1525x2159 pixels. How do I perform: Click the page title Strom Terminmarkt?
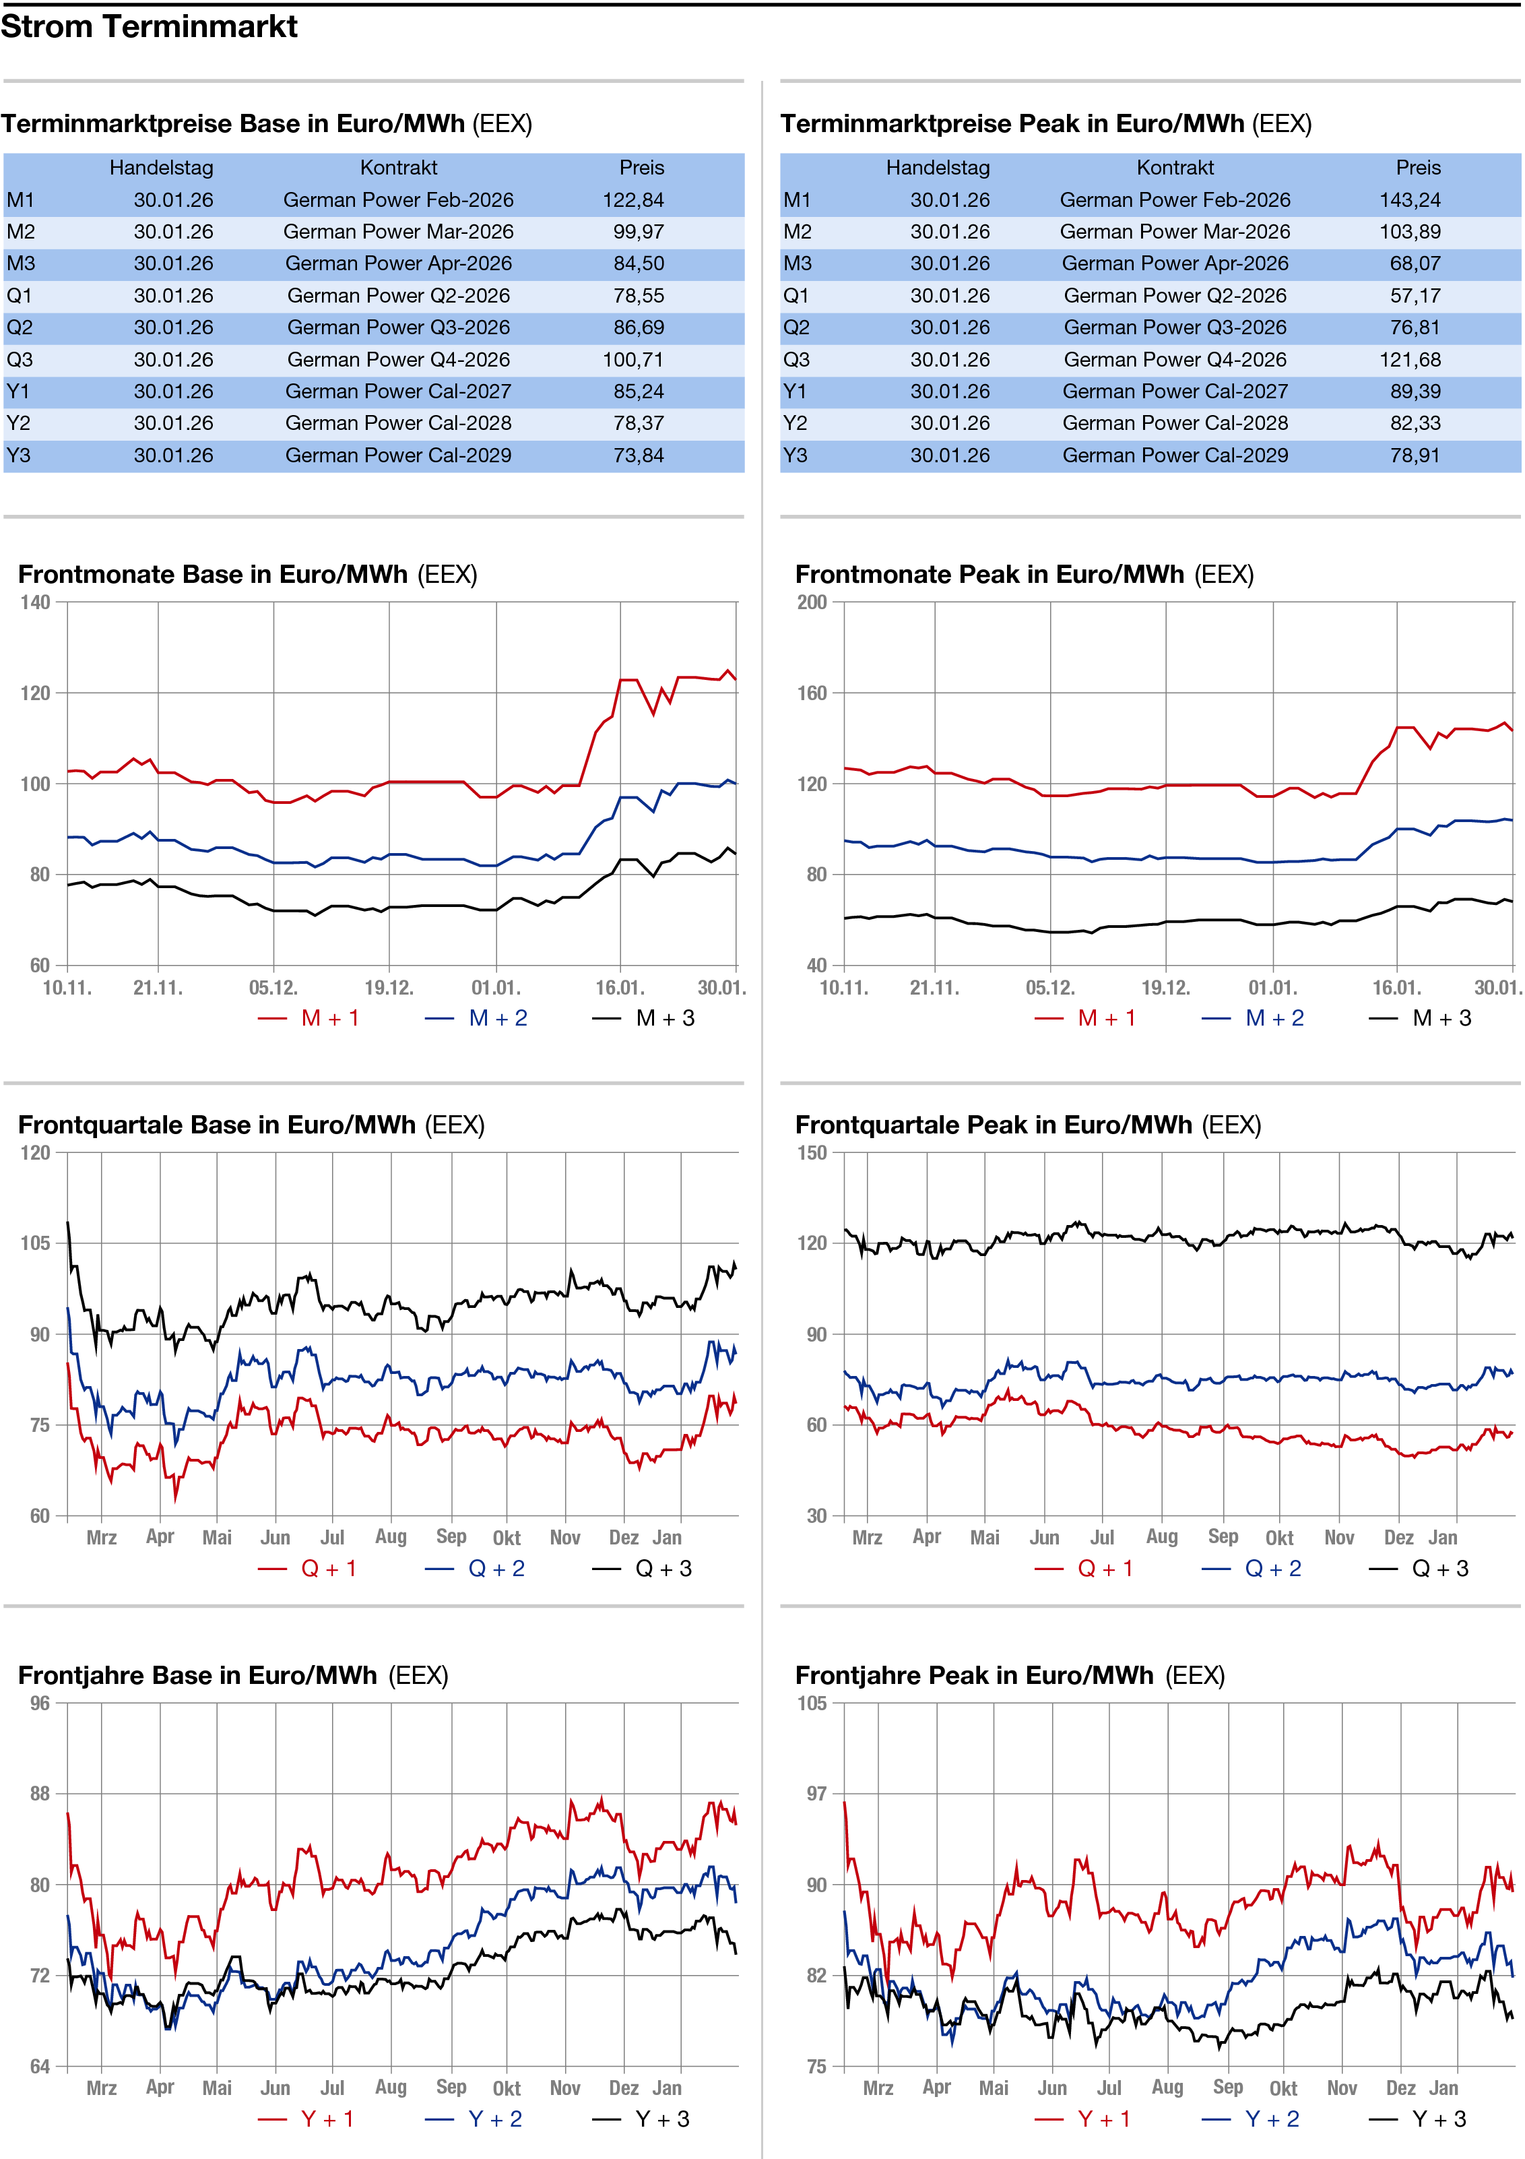point(149,26)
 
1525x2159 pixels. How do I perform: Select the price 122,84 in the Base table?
point(632,200)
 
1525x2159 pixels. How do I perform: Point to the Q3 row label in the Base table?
point(19,360)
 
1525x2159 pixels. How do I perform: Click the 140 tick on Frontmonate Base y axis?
point(36,602)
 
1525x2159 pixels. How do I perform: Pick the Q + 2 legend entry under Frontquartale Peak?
point(1272,1569)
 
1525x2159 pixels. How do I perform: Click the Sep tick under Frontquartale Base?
point(451,1536)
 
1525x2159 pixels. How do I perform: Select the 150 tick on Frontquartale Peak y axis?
point(812,1153)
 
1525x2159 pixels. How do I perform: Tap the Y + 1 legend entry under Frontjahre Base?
point(326,2119)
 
